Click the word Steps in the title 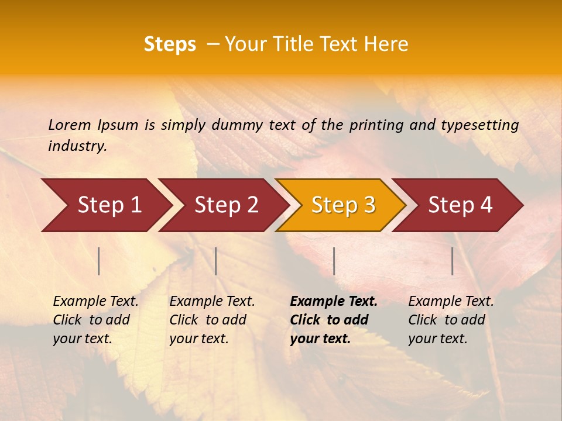point(170,44)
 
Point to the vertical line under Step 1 point(99,261)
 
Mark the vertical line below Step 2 point(216,261)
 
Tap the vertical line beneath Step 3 point(334,261)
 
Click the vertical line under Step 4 point(452,261)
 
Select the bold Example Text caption point(334,320)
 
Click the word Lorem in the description point(70,125)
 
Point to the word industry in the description point(77,146)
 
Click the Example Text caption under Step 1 point(95,320)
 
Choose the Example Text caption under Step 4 point(451,320)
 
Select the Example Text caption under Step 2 point(212,320)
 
